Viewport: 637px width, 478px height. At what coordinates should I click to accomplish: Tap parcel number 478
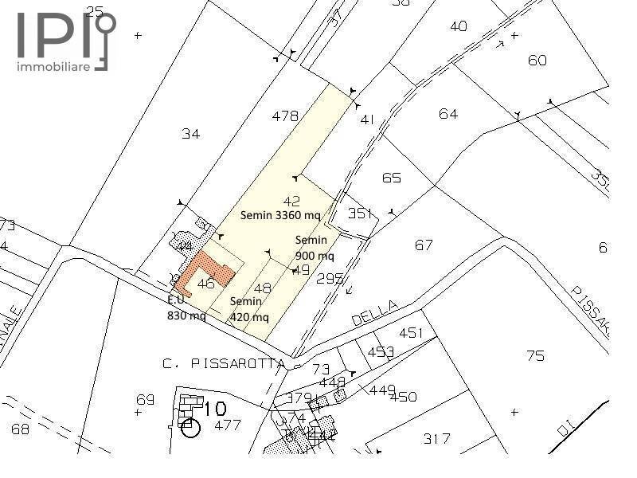pos(285,116)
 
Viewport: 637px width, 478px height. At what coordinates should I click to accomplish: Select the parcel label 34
pos(190,134)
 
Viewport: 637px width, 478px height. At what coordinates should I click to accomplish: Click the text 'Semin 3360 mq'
pos(280,215)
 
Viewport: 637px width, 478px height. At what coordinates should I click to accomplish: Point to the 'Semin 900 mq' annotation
pos(314,248)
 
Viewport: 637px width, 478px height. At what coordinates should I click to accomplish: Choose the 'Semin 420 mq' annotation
pos(246,308)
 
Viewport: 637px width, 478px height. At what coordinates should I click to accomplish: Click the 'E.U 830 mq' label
pos(186,308)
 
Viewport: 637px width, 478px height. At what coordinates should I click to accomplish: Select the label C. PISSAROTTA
pos(224,364)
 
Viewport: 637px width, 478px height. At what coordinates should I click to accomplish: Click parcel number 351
pos(360,213)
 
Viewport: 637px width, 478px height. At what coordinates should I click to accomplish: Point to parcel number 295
pos(330,279)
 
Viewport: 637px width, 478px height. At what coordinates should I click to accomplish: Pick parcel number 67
pos(424,245)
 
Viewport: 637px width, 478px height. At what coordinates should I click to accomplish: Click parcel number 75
pos(535,355)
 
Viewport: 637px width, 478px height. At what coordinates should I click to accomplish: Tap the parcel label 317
pos(437,438)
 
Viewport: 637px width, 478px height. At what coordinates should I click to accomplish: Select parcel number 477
pos(228,425)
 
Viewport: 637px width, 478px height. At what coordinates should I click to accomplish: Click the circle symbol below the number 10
pos(190,429)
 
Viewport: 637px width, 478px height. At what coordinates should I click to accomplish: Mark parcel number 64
pos(448,114)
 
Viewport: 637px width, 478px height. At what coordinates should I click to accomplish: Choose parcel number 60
pos(537,61)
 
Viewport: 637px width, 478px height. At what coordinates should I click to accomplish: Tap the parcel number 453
pos(381,351)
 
